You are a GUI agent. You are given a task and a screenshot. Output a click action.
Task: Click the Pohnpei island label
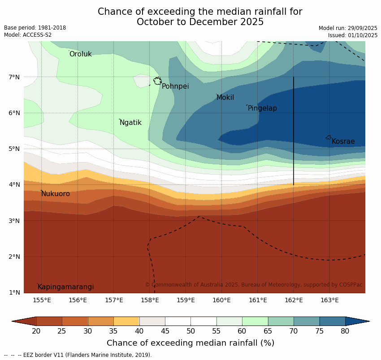(x=175, y=86)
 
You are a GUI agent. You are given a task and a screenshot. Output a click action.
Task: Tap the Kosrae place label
(x=343, y=141)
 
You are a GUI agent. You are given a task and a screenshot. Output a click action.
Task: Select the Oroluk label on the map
(x=80, y=54)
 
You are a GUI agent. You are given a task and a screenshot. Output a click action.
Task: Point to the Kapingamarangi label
(x=65, y=287)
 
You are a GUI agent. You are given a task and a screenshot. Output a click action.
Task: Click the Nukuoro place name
(x=56, y=194)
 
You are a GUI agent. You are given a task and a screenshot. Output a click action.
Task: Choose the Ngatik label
(x=130, y=123)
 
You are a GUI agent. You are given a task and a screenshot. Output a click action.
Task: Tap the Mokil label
(x=225, y=98)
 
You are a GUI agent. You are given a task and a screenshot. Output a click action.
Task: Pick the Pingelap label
(x=262, y=108)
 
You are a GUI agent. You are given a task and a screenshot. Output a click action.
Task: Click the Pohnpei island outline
(x=157, y=81)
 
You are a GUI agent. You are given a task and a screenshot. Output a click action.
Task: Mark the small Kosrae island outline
(x=329, y=137)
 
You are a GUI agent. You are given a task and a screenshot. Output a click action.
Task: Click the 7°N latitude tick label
(x=14, y=77)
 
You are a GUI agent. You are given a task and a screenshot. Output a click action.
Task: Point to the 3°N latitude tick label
(x=14, y=221)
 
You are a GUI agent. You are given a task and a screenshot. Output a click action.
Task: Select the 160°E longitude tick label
(x=221, y=300)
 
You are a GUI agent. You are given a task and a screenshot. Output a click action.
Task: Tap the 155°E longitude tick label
(x=42, y=300)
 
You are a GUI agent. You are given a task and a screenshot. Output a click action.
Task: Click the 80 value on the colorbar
(x=345, y=331)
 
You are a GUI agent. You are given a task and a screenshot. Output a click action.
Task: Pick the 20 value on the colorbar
(x=36, y=331)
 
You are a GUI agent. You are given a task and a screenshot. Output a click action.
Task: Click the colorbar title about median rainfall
(x=190, y=343)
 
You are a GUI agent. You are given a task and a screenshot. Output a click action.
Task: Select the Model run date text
(x=348, y=28)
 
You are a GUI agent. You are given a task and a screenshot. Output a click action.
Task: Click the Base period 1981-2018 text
(x=35, y=28)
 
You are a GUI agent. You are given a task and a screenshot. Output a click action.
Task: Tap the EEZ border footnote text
(x=78, y=355)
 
